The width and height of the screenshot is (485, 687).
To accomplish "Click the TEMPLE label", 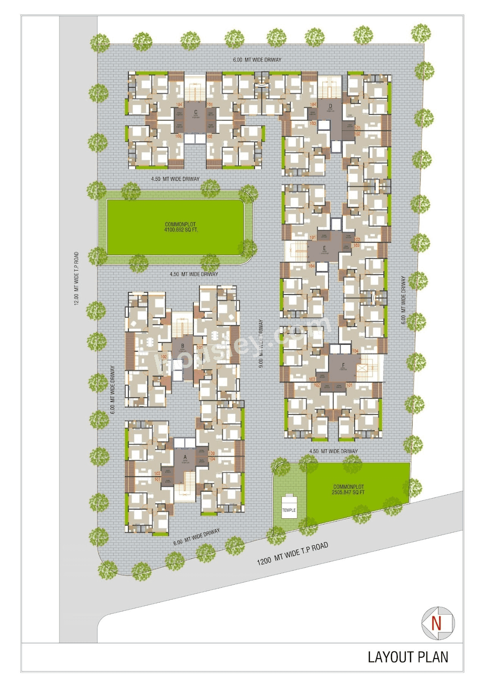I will tap(289, 510).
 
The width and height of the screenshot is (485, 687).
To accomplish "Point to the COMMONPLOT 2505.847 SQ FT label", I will tap(348, 489).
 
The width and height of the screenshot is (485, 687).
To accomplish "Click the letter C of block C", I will tap(196, 112).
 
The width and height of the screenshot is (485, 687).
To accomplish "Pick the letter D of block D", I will tap(330, 106).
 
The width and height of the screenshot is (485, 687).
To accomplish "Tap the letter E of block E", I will tap(324, 249).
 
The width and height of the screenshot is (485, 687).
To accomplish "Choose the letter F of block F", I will tap(343, 365).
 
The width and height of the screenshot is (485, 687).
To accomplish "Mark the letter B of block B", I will tap(183, 346).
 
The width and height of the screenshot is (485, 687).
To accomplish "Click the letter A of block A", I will tap(185, 457).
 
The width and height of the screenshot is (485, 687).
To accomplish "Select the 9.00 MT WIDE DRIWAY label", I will tap(261, 343).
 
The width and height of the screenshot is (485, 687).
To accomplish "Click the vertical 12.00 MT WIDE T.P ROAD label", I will tap(77, 279).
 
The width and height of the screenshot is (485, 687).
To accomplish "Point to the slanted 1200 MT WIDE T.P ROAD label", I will tap(293, 554).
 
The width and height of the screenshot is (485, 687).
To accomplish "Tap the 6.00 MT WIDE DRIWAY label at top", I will tap(257, 60).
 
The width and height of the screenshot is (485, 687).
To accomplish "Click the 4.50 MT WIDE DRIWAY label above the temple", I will tap(333, 451).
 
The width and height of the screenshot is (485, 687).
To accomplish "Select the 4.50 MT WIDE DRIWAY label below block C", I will tap(175, 179).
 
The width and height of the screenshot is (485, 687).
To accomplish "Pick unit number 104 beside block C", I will tap(179, 105).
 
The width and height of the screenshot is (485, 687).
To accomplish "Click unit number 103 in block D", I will tap(313, 123).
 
